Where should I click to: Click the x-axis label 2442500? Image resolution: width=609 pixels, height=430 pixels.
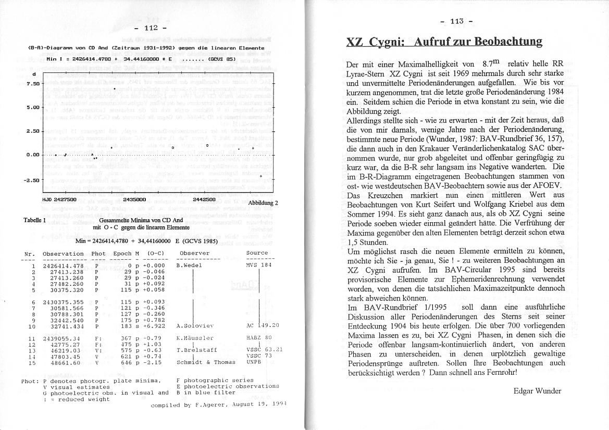[204, 199]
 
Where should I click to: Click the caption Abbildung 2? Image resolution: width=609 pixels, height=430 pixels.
[263, 203]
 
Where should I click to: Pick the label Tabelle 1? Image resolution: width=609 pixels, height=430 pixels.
[35, 220]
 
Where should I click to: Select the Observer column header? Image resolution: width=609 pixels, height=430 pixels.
[194, 254]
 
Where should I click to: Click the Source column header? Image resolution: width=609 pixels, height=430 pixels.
[257, 254]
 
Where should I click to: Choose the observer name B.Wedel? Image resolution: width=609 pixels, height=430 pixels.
[189, 265]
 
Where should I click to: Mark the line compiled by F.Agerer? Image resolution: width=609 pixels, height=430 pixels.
[219, 404]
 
